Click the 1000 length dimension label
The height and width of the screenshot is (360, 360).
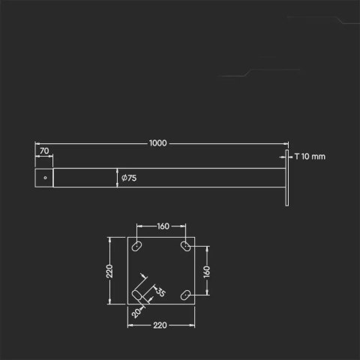tap(157, 142)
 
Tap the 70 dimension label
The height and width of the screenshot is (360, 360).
tap(43, 151)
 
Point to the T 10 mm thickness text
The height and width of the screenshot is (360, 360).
tap(310, 157)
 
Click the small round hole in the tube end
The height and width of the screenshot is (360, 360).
tap(45, 178)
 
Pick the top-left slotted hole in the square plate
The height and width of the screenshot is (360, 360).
tap(138, 246)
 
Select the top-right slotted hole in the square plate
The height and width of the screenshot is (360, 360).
tap(184, 246)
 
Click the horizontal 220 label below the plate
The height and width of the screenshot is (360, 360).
tap(159, 325)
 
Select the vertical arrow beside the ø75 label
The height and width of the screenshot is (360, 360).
tap(118, 178)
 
